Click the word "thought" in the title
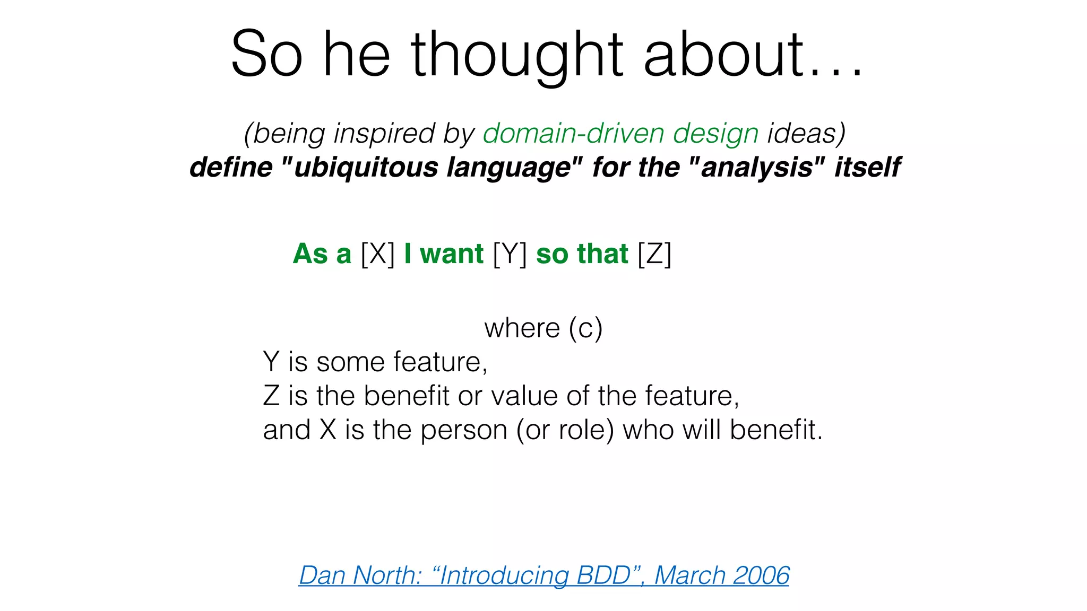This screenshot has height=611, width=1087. [x=516, y=55]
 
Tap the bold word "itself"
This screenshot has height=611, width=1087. [x=867, y=168]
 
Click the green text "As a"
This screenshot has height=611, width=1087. [x=322, y=254]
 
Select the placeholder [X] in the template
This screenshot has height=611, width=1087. [x=377, y=254]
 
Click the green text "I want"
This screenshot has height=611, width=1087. [x=443, y=254]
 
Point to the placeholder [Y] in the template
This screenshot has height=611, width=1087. [x=510, y=254]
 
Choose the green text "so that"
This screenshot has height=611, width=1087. [x=582, y=254]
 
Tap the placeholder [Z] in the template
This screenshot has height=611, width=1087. [x=654, y=254]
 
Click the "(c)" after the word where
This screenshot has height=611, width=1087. [x=585, y=328]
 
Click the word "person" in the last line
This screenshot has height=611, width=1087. [x=464, y=430]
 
